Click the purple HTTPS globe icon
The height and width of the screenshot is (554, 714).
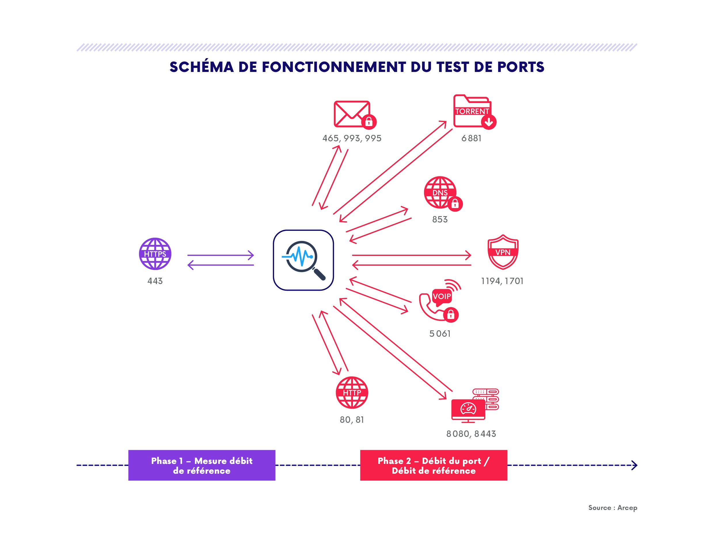(155, 254)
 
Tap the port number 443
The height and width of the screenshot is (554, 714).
(155, 281)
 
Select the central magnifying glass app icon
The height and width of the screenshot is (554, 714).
(303, 260)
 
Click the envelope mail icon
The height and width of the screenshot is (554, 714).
(355, 114)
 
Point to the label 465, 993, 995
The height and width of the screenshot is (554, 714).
(352, 138)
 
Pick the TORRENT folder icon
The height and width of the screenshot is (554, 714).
(475, 112)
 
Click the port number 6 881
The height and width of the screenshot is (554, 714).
(471, 138)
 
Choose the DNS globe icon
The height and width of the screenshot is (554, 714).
(443, 194)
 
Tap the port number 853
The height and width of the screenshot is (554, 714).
(440, 219)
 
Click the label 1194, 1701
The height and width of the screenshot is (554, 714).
(502, 281)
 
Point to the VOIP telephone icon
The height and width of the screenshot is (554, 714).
(440, 301)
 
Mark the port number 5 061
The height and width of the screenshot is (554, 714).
(440, 334)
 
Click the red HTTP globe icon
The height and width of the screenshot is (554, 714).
(352, 393)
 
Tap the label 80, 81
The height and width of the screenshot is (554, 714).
(352, 420)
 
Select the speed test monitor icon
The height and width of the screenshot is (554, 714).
(475, 405)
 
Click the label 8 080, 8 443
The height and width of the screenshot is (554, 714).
(471, 434)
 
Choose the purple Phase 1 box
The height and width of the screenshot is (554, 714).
(202, 465)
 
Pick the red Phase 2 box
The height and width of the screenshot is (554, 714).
(434, 465)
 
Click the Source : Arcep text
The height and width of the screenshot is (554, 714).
(613, 508)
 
